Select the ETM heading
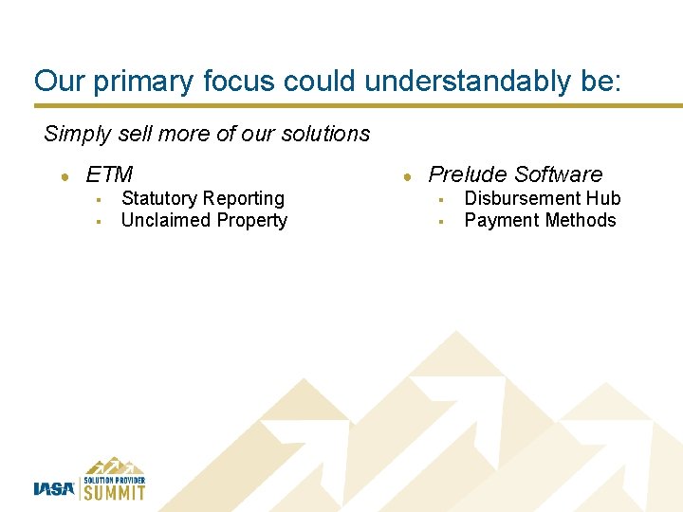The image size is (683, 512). pos(109,174)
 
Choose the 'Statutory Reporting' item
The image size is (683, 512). pos(203,198)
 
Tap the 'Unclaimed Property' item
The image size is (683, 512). pos(204,220)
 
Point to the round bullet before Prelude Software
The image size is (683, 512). pos(406,175)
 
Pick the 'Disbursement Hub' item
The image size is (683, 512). pos(542,198)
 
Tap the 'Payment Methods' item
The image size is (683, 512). pos(540,220)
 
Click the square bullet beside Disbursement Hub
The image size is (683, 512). pos(440,199)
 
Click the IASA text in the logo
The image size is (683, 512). pos(53,489)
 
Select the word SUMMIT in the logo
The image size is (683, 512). pos(115,492)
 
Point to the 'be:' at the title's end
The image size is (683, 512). pos(600,81)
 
